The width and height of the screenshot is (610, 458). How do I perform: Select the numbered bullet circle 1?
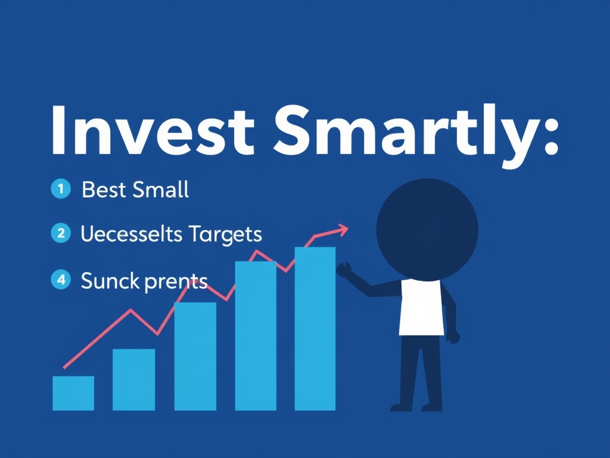(60, 190)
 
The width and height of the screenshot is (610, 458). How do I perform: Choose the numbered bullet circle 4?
(60, 278)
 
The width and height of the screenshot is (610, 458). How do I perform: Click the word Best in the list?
(104, 190)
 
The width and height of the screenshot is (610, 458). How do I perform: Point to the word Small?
(160, 190)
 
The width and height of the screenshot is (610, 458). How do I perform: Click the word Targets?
(225, 234)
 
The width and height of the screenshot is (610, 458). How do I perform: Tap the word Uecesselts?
(131, 234)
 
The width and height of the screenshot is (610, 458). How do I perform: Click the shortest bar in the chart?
(73, 393)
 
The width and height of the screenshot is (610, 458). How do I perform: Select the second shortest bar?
(133, 379)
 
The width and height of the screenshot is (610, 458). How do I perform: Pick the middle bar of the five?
(195, 356)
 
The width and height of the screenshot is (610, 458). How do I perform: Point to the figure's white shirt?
(422, 307)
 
